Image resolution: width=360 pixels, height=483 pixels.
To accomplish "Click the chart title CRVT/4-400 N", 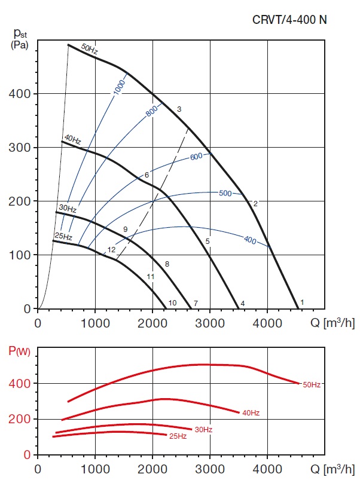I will (x=289, y=19).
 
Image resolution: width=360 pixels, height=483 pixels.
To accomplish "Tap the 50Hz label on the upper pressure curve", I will (x=89, y=50).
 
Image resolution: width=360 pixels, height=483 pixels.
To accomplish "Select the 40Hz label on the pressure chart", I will (x=72, y=140).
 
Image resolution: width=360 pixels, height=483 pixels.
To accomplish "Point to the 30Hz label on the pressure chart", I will (x=67, y=209).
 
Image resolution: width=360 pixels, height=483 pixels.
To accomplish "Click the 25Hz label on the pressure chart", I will (x=63, y=237).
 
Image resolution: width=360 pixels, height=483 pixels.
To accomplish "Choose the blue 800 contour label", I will (x=153, y=111).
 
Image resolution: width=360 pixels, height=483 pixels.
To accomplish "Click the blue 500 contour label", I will (x=225, y=193).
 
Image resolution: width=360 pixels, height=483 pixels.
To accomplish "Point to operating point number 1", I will (x=302, y=302).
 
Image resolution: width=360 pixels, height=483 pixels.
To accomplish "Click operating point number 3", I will (x=179, y=109).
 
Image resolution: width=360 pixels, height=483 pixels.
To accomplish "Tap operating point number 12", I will (x=111, y=249).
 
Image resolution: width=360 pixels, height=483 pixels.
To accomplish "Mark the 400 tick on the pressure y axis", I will (x=23, y=94).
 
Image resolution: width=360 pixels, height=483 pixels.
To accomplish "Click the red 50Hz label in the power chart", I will (x=312, y=384).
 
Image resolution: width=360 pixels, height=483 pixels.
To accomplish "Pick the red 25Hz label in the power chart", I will (x=178, y=436).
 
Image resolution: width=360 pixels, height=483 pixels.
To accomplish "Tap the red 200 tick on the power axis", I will (x=23, y=419).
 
